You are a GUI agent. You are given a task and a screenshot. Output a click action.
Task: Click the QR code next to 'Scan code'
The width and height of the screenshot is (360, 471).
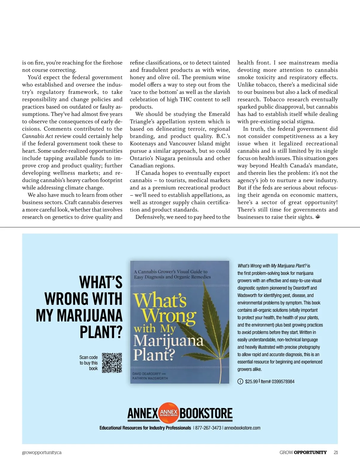pos(112,363)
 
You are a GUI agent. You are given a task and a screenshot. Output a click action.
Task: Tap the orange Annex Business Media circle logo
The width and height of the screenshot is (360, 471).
pos(169,413)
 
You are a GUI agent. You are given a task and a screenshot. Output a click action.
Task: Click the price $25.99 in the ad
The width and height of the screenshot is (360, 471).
pos(251,382)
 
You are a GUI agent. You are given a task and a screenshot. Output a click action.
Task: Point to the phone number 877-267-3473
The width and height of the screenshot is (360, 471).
pos(208,428)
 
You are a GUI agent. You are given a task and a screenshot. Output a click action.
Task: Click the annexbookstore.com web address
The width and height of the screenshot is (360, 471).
pos(242,428)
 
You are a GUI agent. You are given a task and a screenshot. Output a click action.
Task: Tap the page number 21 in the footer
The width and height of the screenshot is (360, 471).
pos(335,452)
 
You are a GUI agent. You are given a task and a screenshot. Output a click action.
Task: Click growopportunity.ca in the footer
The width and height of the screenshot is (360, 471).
pos(42,452)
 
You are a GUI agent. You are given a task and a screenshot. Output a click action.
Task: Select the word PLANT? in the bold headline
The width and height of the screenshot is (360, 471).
pos(101,332)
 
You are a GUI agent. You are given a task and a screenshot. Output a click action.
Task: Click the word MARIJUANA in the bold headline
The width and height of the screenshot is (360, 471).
pos(79,316)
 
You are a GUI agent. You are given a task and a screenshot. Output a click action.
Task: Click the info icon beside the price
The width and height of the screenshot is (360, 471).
pos(240,382)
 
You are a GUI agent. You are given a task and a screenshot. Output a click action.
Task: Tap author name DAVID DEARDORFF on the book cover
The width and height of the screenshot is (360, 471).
pos(146,374)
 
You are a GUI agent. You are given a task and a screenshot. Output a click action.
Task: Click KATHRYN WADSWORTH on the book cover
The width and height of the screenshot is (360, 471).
pos(150,378)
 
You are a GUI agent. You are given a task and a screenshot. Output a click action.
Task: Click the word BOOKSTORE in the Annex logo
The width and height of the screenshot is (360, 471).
pos(206,413)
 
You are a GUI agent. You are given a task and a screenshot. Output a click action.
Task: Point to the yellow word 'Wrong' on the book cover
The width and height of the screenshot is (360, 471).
pos(169,316)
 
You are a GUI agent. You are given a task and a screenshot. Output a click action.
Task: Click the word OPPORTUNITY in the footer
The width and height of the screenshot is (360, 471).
pos(310,452)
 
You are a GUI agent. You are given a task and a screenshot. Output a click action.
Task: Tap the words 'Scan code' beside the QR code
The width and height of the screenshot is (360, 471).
pos(88,357)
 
